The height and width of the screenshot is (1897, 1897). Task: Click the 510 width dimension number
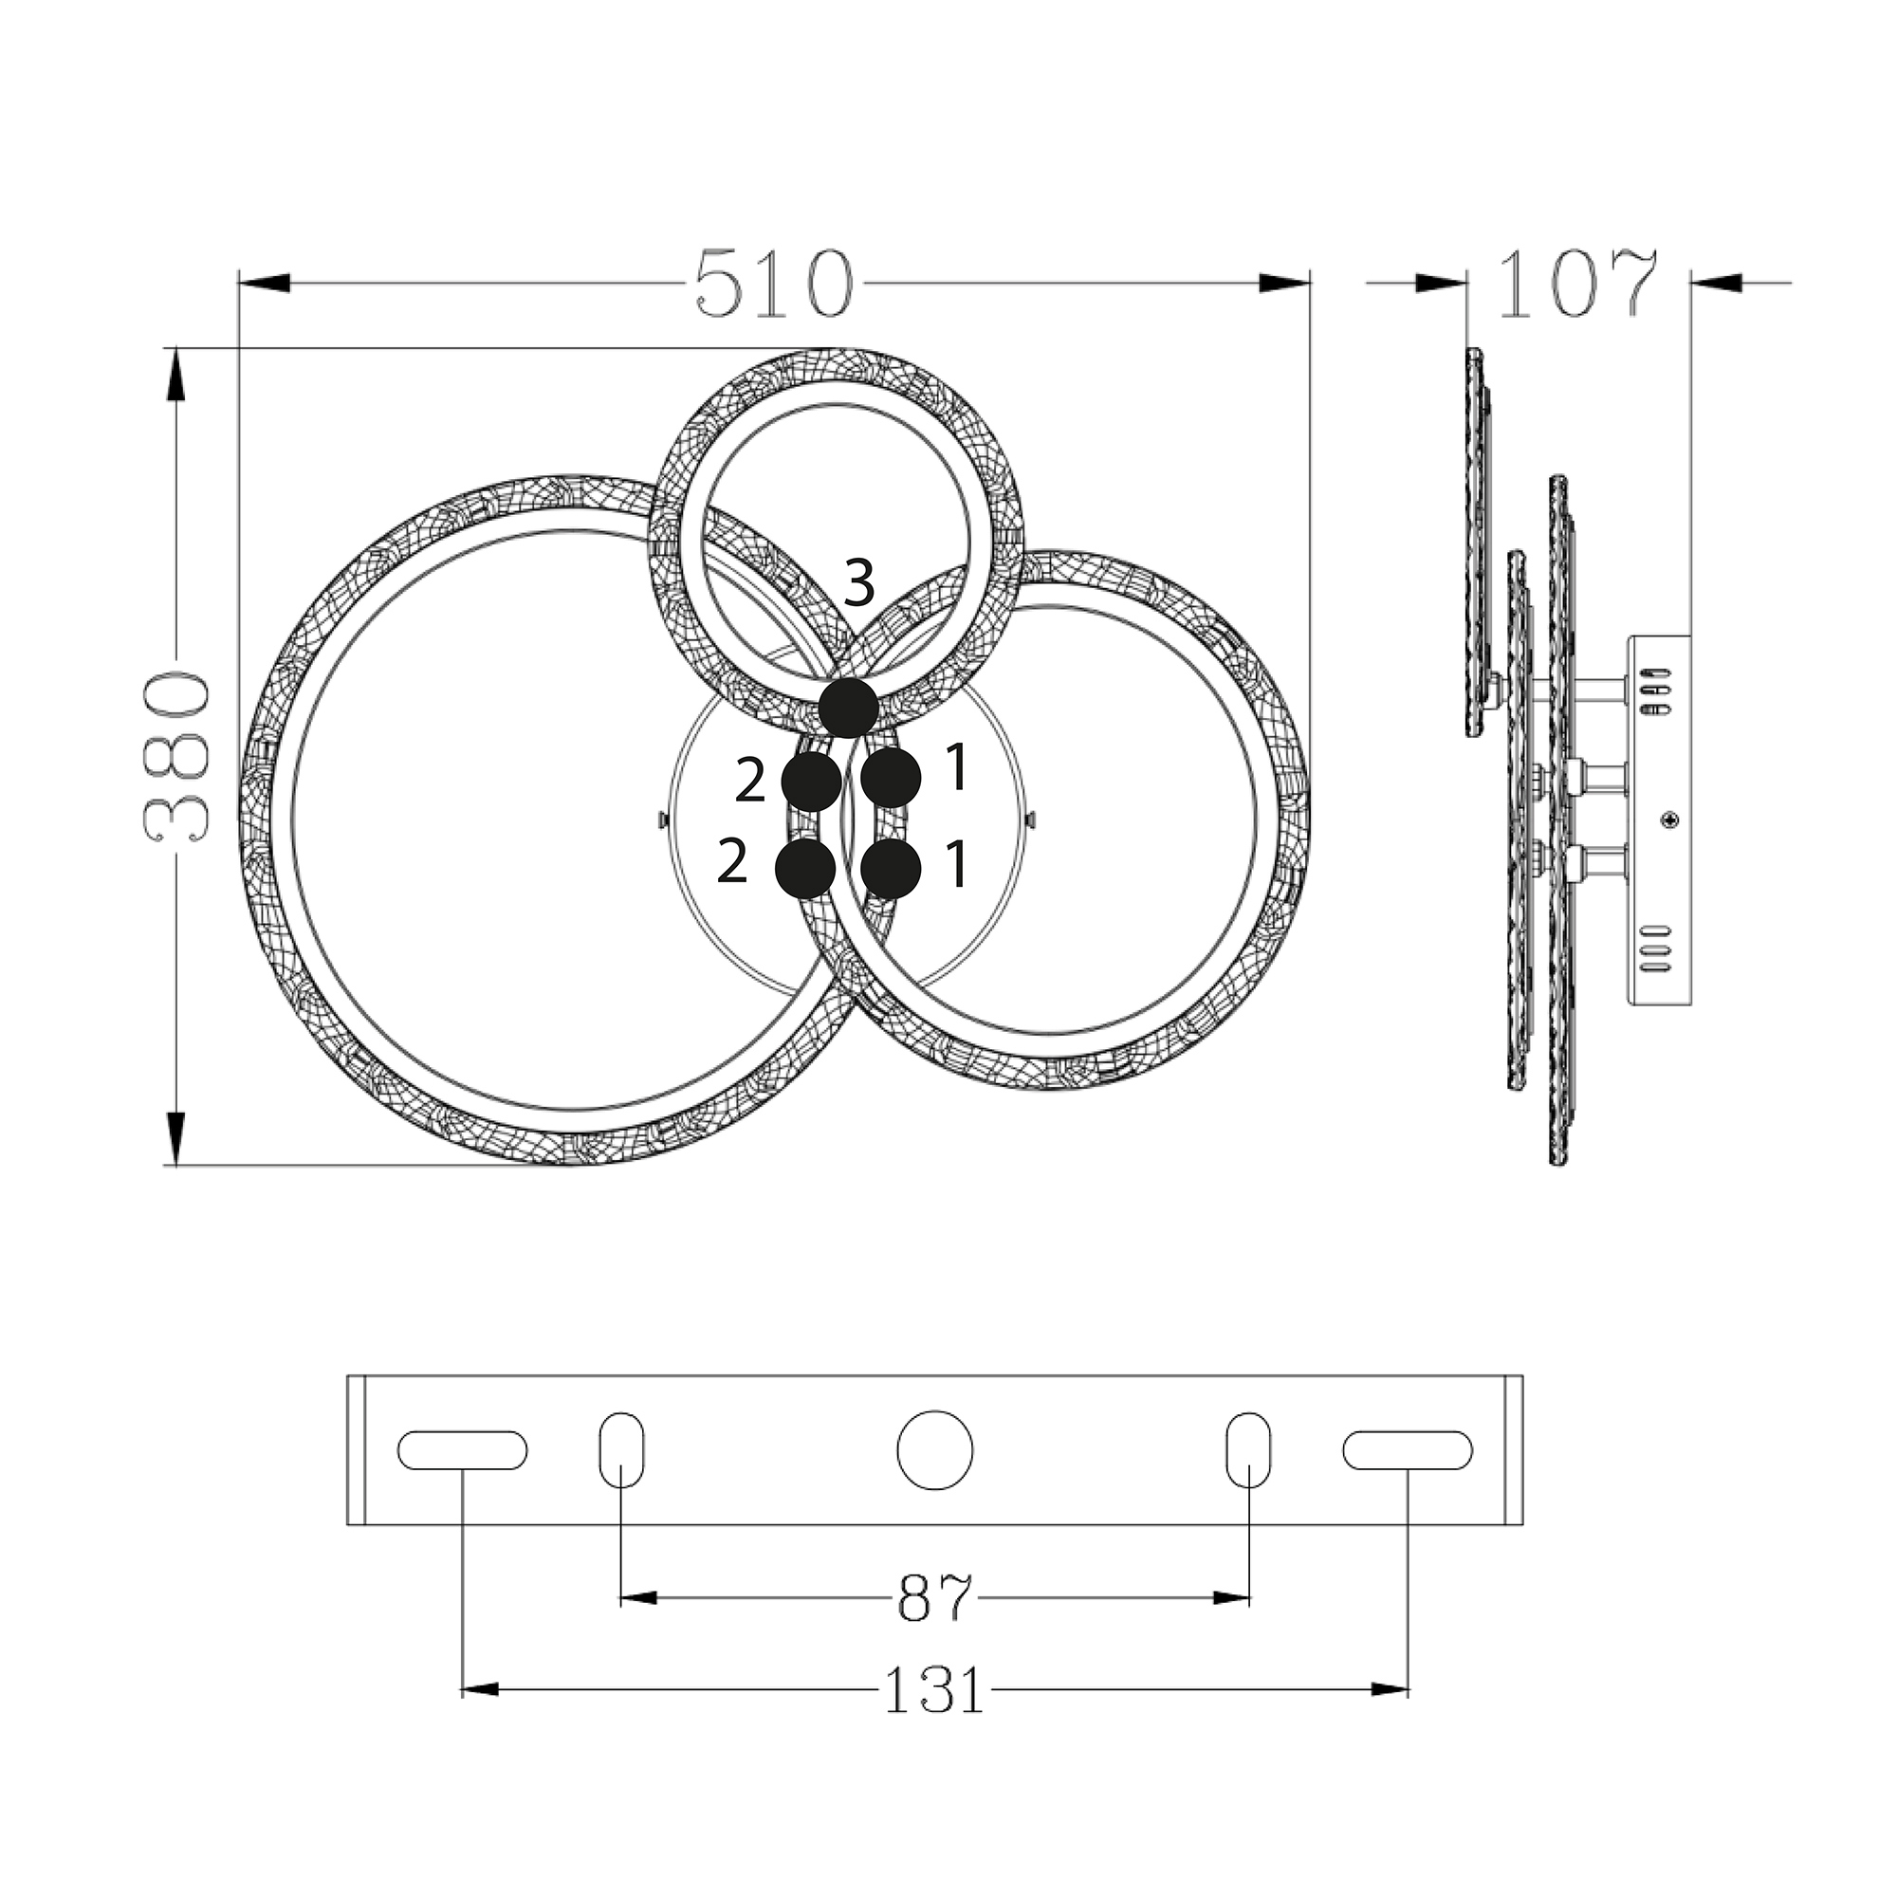[773, 284]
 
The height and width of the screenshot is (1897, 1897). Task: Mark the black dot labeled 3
[848, 707]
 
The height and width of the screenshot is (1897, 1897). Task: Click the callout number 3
[859, 583]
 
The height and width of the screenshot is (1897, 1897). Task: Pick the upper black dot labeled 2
[811, 782]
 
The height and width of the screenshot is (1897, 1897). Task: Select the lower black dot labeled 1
[891, 868]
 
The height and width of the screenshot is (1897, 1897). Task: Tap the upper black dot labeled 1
[891, 778]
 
